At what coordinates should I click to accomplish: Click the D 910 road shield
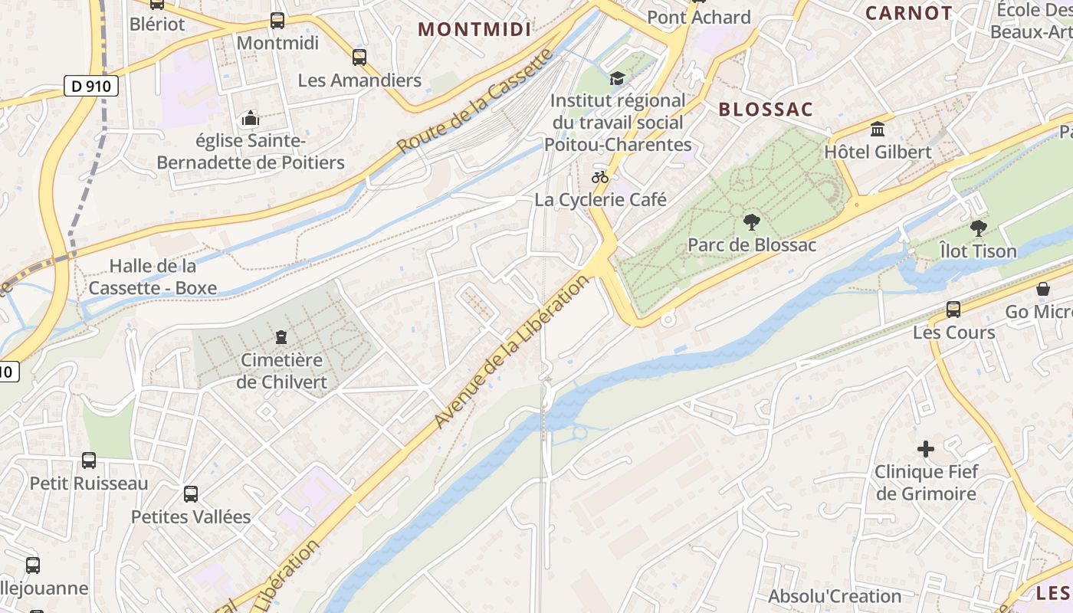tap(90, 87)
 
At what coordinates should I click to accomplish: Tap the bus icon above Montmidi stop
tap(277, 21)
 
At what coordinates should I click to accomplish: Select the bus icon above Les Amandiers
tap(359, 57)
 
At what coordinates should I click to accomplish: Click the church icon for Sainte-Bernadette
tap(250, 119)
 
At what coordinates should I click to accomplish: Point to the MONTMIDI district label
tap(474, 29)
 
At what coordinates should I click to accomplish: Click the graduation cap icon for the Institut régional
tap(617, 78)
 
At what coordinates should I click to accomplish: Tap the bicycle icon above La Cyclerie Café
tap(600, 177)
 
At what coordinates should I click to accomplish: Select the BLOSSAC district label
tap(765, 110)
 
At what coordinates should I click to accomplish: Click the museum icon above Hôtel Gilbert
tap(878, 128)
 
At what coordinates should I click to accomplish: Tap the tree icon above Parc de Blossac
tap(752, 222)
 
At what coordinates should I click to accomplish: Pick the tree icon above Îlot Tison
tap(978, 228)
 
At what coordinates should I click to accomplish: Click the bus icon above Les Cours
tap(953, 310)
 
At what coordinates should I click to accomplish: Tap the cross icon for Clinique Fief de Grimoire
tap(926, 449)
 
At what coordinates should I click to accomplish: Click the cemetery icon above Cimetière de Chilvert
tap(282, 336)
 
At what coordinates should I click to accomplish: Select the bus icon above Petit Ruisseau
tap(89, 461)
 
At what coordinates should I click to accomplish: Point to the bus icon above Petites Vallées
tap(191, 494)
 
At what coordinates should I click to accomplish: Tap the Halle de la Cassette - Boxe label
tap(153, 277)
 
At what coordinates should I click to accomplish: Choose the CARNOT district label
tap(908, 13)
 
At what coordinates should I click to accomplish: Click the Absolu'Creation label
tap(835, 596)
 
